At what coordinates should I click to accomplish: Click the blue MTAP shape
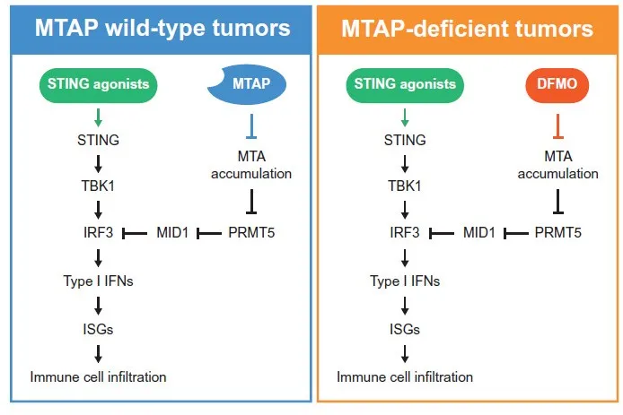coord(254,85)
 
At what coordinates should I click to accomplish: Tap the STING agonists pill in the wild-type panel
coord(99,85)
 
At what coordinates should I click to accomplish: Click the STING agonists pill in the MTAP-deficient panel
coord(404,85)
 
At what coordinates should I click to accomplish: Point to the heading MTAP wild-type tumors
coord(162,28)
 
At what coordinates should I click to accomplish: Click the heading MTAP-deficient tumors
coord(467,28)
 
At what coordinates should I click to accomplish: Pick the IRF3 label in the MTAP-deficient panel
coord(404,232)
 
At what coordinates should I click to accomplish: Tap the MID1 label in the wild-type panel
coord(175,232)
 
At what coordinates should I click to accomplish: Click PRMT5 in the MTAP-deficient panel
coord(557,232)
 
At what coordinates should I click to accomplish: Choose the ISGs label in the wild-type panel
coord(99,328)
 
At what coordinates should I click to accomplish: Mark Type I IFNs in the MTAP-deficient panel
coord(404,281)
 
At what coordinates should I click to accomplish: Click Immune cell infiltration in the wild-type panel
coord(99,376)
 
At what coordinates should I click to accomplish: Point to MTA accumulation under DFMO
coord(557,165)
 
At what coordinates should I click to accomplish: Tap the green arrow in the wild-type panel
coord(99,117)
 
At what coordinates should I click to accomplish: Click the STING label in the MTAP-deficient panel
coord(404,140)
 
